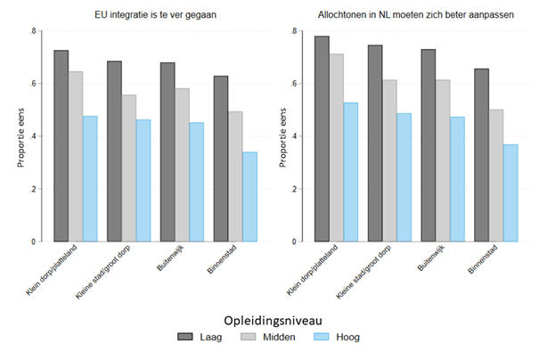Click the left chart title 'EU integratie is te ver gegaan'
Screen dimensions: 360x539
[146, 15]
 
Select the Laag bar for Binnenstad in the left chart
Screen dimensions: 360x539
[221, 159]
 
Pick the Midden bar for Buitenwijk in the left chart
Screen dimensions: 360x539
[182, 165]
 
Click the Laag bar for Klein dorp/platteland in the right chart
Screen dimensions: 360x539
[322, 139]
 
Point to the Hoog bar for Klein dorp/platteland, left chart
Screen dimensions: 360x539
[89, 178]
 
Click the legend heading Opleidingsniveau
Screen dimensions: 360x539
[268, 318]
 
